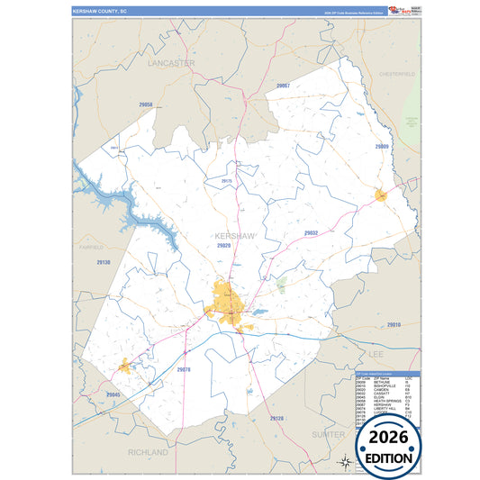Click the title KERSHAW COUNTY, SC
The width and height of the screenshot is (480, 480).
point(100,12)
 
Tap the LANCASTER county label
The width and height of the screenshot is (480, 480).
point(172,64)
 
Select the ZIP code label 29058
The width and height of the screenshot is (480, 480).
point(146,105)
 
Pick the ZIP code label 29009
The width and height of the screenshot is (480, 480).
point(382,146)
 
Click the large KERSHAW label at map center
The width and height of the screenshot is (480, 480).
point(236,236)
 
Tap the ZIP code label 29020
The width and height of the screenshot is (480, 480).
point(223,245)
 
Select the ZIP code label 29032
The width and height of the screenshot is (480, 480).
point(311,232)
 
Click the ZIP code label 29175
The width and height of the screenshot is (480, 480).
point(226,181)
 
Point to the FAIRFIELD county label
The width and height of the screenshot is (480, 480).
point(92,246)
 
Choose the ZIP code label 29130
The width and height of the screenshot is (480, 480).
point(103,262)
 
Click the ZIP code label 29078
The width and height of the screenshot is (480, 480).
point(184,369)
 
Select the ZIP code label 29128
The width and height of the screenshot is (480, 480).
point(276,419)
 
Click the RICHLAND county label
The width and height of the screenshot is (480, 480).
point(148,451)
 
